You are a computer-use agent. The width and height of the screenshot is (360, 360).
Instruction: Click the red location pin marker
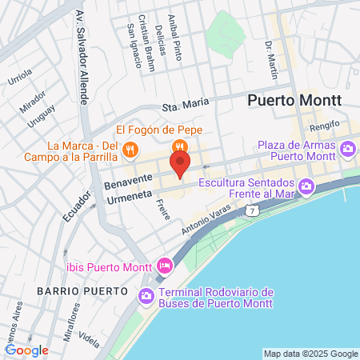(180, 165)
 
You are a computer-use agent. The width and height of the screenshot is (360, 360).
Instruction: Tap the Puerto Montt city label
(294, 101)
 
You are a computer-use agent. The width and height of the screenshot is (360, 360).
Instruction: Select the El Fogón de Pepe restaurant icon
(180, 146)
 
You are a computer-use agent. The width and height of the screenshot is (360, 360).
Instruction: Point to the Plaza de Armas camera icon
(348, 148)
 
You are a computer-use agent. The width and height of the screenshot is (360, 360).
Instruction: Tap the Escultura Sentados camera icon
(306, 187)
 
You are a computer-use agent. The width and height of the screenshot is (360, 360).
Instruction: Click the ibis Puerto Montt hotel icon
(164, 265)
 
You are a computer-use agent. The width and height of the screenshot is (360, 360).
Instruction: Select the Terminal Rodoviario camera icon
(146, 296)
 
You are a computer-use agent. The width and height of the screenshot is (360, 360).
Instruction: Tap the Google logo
(27, 350)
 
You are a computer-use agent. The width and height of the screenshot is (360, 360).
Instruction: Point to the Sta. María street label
(186, 105)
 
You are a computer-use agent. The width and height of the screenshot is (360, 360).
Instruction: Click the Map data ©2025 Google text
(311, 354)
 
